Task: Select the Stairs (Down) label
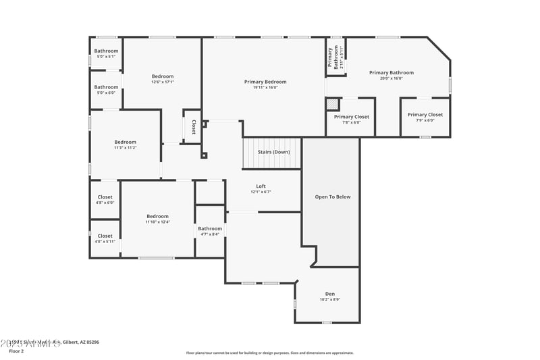coord(273,152)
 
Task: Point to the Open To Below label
coord(333,197)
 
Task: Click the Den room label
coord(330,294)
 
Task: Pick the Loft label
coord(261,186)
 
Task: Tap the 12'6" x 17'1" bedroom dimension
coord(162,82)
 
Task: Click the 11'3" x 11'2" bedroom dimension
coord(125,148)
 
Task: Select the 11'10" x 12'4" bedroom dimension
coord(157,222)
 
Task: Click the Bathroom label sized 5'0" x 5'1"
coord(106,51)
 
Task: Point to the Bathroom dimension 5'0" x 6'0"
coord(106,93)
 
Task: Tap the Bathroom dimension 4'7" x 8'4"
coord(210,234)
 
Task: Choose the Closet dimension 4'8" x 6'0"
coord(105,203)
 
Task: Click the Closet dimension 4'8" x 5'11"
coord(105,241)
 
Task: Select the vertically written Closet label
coord(193,127)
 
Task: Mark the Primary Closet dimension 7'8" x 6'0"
coord(352,122)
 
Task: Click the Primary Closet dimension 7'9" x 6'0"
coord(425,120)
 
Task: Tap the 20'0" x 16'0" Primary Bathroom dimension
coord(391,78)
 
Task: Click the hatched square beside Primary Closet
coord(332,104)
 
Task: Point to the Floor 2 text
coord(16,352)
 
